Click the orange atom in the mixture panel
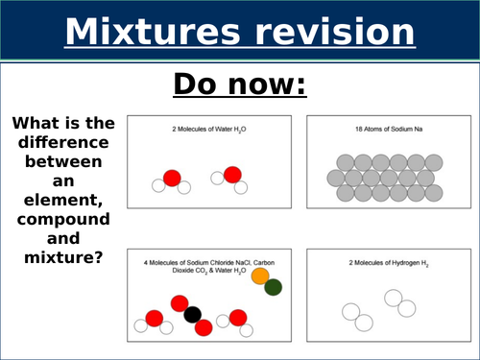(x=259, y=276)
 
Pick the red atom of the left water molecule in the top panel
(x=172, y=178)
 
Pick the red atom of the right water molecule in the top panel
(x=230, y=176)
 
